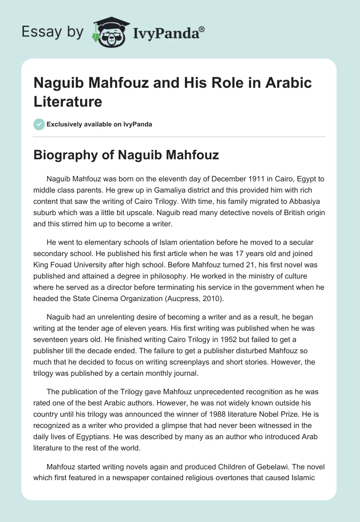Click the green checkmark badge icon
[39, 124]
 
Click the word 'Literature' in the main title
[68, 101]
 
